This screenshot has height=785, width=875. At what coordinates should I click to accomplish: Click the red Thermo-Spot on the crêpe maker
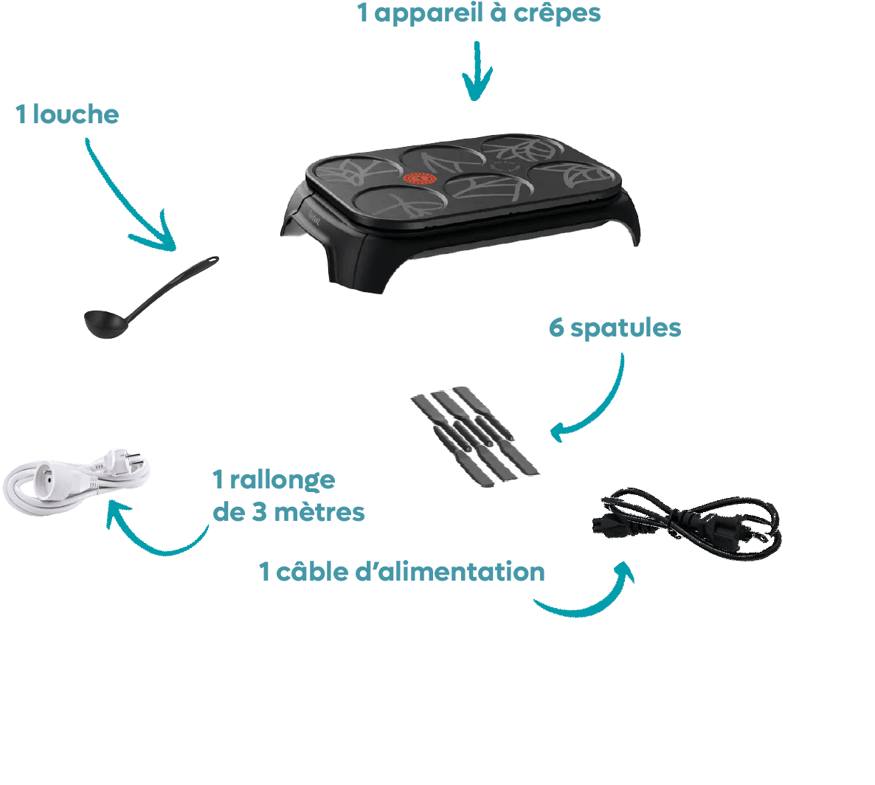tap(420, 179)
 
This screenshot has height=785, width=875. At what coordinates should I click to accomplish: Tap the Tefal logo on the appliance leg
tap(314, 218)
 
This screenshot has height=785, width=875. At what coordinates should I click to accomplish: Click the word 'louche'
tap(75, 114)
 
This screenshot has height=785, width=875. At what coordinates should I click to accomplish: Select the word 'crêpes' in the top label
tap(556, 13)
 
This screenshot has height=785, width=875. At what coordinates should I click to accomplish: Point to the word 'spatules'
tap(626, 328)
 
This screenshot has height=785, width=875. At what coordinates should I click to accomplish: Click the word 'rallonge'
tap(283, 480)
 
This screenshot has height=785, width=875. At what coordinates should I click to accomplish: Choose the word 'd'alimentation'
tap(450, 572)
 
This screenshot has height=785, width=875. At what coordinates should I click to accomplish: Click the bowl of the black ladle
tap(105, 324)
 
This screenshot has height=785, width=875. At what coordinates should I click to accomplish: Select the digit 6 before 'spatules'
tap(556, 327)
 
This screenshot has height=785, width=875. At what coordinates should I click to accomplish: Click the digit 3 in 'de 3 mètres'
tap(260, 512)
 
